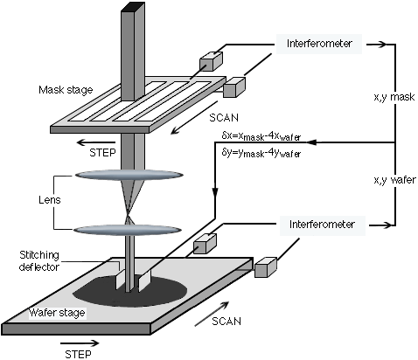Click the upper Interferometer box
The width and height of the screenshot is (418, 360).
pos(319,44)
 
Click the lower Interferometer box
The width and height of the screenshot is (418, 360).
pos(322,225)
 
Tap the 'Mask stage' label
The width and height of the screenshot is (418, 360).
pos(66,90)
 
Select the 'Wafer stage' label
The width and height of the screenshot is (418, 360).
pos(57,313)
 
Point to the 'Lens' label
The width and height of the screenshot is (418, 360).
pos(50,200)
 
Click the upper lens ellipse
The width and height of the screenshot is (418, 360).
pos(129,175)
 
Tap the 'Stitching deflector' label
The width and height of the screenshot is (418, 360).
pos(39,261)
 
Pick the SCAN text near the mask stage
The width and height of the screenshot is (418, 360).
pos(224,118)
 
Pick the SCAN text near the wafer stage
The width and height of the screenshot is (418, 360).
pos(226,321)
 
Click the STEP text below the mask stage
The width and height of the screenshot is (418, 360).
pos(102,153)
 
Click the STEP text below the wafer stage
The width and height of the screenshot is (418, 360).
pos(78,355)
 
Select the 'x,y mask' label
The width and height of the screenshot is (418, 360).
pos(394,97)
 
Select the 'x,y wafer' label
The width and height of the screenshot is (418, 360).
pos(395,180)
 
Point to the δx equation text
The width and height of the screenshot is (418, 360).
pos(261,136)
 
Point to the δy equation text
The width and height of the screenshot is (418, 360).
pos(261,153)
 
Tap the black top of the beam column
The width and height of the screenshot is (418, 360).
pos(133,7)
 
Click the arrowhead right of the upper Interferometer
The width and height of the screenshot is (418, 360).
pos(382,45)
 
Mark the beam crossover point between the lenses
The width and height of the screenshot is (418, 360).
pos(128,217)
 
